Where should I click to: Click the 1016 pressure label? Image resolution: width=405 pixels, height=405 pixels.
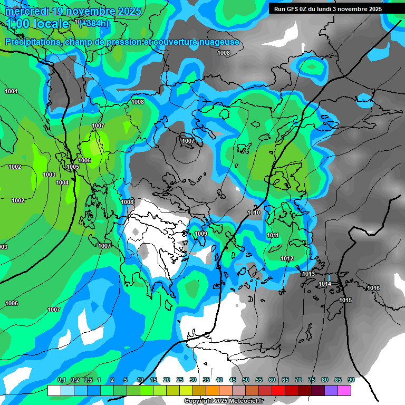click(373, 288)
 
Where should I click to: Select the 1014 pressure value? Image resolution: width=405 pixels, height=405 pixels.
click(325, 284)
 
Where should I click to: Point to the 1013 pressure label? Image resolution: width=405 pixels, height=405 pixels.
click(308, 274)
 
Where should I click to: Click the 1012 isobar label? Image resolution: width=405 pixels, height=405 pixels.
click(287, 258)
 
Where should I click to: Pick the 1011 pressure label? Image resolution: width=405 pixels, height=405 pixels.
click(273, 235)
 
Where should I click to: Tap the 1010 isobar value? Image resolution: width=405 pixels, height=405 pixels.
click(254, 213)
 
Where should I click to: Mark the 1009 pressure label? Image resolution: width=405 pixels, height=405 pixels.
click(201, 234)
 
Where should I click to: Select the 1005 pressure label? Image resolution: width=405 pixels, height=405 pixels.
click(73, 167)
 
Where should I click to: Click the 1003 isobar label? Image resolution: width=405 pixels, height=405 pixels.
click(49, 175)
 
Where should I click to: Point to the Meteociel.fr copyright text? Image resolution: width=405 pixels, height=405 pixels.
click(223, 401)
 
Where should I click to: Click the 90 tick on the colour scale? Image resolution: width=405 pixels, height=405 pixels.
click(351, 380)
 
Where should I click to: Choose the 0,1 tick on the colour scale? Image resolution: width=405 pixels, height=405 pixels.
click(61, 380)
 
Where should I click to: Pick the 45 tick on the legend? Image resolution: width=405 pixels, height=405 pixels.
click(233, 380)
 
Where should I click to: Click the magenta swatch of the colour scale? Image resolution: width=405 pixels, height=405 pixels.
click(344, 390)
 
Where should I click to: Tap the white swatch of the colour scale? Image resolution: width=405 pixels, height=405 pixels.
click(54, 390)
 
